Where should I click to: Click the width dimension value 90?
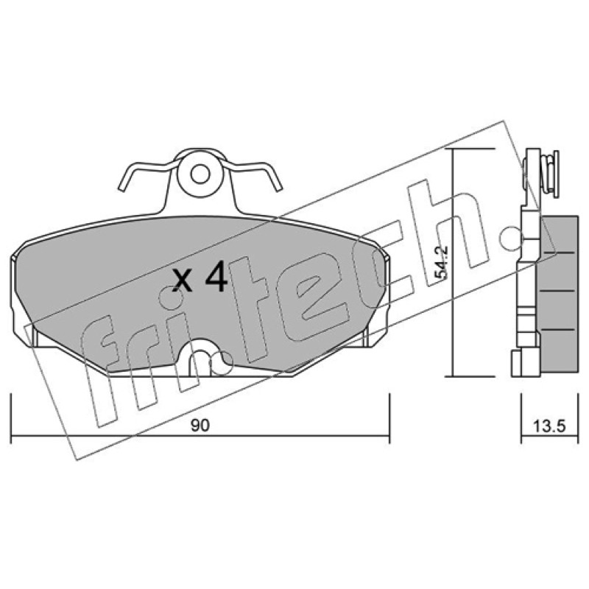200,426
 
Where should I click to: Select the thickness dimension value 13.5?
549,426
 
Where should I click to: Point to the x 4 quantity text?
200,278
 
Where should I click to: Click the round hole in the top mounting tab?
200,174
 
